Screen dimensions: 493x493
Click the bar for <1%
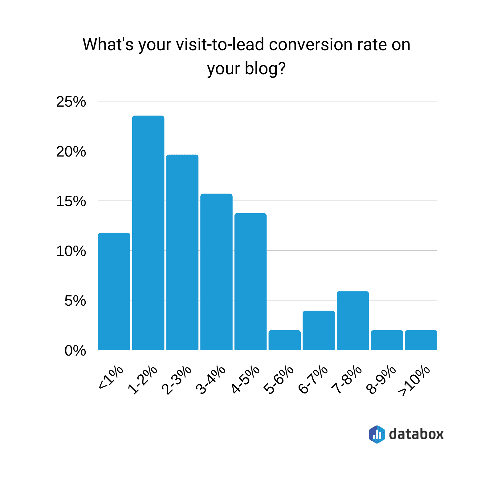pyautogui.click(x=114, y=291)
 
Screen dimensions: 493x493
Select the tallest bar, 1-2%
pyautogui.click(x=148, y=233)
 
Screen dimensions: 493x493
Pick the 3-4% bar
pyautogui.click(x=216, y=272)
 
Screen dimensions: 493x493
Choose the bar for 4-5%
pyautogui.click(x=251, y=281)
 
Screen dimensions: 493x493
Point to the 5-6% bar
pyautogui.click(x=284, y=340)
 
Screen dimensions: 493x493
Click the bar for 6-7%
pyautogui.click(x=319, y=330)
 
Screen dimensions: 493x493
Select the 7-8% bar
pyautogui.click(x=353, y=320)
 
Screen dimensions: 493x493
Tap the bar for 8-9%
pyautogui.click(x=387, y=340)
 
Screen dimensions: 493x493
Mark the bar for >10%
pyautogui.click(x=421, y=340)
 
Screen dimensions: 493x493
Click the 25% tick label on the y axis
pyautogui.click(x=71, y=102)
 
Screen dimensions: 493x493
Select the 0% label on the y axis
pyautogui.click(x=75, y=351)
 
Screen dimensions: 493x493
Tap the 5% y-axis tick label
pyautogui.click(x=75, y=301)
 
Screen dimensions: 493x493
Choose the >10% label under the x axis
pyautogui.click(x=414, y=381)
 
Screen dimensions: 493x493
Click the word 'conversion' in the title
pyautogui.click(x=311, y=45)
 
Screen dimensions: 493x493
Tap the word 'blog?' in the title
pyautogui.click(x=265, y=68)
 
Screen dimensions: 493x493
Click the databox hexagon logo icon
pyautogui.click(x=377, y=434)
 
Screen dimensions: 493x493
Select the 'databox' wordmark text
pyautogui.click(x=416, y=434)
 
